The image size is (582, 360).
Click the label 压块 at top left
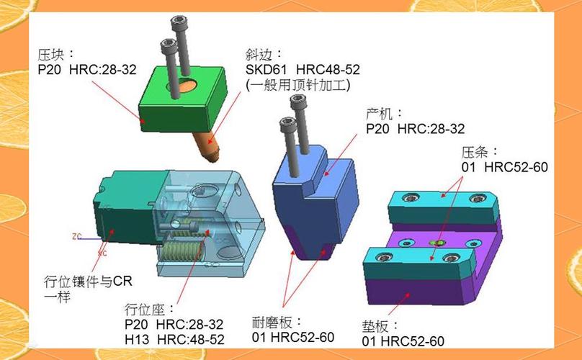tap(51, 55)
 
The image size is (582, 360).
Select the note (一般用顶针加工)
tap(297, 86)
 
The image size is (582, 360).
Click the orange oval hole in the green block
tap(187, 86)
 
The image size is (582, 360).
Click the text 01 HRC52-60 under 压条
tap(505, 167)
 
